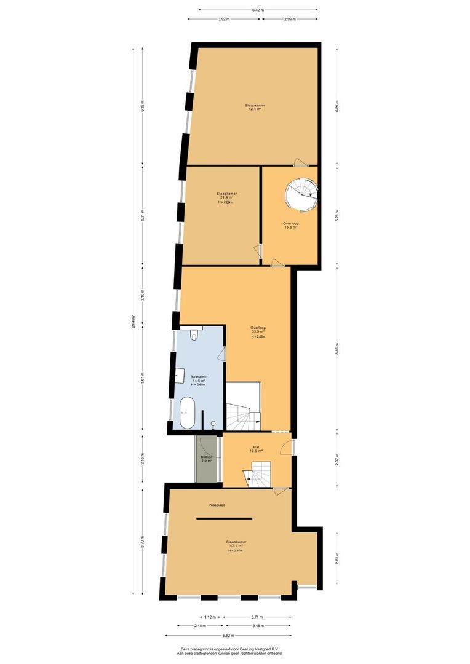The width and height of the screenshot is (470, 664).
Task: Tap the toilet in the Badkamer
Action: pos(194,334)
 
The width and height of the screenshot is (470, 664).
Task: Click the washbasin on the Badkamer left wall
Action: pos(180,373)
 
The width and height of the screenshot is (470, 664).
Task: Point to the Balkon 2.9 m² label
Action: pos(207,459)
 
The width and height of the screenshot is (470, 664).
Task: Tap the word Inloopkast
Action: pos(216,505)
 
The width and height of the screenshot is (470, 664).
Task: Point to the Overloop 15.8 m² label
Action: pos(290,225)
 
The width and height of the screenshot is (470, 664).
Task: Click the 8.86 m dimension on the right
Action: pos(337,348)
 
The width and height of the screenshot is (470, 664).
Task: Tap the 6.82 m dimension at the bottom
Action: pos(228,636)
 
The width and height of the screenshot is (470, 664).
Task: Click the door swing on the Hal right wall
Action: pos(287,448)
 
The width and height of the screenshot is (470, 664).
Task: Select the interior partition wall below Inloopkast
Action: pos(224,518)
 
